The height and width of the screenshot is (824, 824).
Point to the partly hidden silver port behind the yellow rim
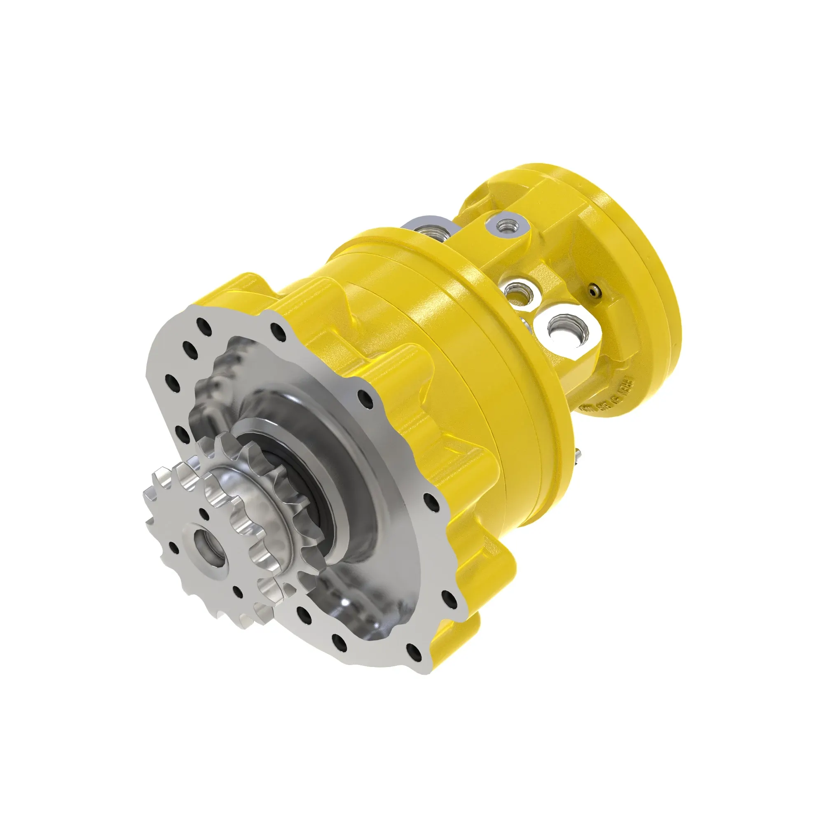point(431,231)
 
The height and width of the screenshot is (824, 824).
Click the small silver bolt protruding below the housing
point(579,456)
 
